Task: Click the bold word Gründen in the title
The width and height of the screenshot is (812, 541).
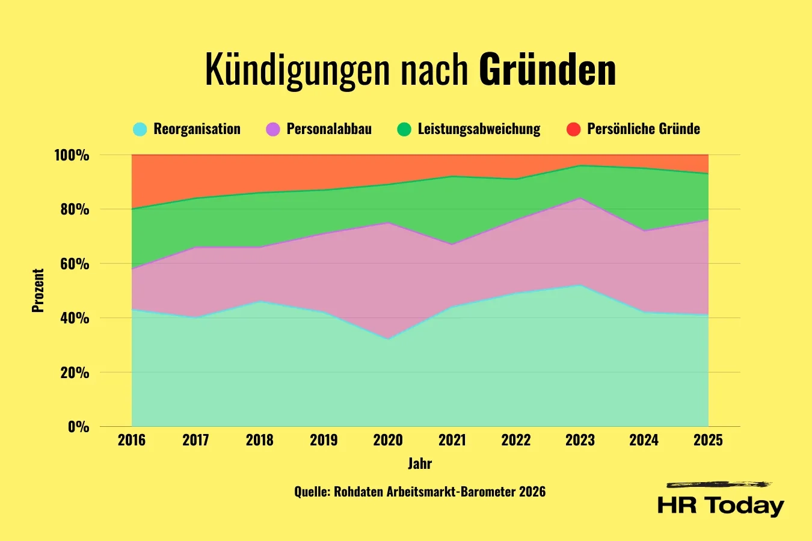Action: (547, 70)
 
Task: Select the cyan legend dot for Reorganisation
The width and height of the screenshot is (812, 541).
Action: (140, 129)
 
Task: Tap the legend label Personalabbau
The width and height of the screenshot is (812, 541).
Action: (329, 129)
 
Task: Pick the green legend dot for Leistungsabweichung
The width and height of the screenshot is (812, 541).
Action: (404, 129)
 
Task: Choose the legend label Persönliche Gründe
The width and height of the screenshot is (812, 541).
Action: (643, 129)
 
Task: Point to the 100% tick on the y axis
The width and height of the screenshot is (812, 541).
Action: (72, 156)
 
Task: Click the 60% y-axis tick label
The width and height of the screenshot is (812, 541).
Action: (75, 264)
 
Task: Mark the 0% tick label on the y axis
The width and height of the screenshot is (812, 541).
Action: (78, 427)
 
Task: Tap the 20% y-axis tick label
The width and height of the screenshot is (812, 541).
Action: (75, 373)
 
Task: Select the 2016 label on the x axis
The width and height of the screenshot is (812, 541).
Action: (132, 440)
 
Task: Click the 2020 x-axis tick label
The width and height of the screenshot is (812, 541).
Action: (388, 440)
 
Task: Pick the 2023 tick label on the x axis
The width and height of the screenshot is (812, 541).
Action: (580, 440)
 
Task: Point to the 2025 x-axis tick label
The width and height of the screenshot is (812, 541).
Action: (708, 440)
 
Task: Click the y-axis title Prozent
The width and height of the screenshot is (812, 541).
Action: (38, 291)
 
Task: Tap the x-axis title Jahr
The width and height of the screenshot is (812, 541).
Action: (420, 463)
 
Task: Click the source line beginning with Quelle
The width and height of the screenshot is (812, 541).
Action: (420, 492)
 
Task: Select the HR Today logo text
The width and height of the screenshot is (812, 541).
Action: (721, 505)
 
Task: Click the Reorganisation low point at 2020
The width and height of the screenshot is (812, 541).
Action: (388, 339)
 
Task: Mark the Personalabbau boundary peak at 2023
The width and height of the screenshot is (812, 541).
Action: (580, 198)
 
